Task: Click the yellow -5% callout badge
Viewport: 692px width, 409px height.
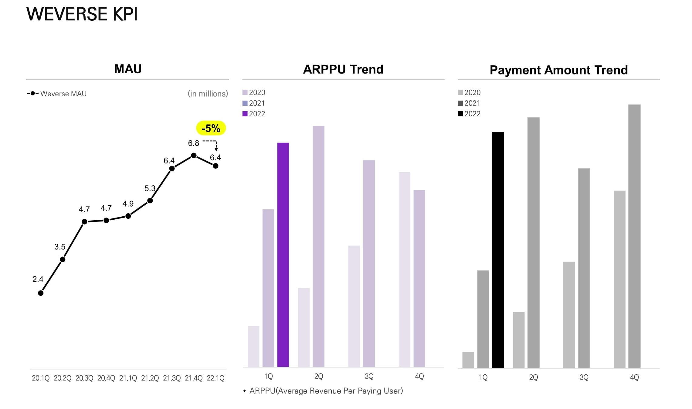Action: [211, 128]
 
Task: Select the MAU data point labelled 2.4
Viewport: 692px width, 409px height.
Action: [41, 293]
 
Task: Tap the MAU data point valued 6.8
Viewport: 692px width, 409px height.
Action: [194, 156]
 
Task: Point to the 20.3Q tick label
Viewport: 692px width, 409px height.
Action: [84, 378]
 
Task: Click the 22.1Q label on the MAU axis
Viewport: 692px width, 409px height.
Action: [215, 378]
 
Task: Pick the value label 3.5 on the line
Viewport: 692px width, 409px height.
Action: [60, 247]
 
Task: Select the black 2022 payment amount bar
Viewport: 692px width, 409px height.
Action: [498, 250]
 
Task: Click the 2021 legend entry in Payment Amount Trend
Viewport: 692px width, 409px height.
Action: [469, 103]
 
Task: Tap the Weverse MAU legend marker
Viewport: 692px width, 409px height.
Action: [33, 93]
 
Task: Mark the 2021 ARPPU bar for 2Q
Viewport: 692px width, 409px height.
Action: [318, 246]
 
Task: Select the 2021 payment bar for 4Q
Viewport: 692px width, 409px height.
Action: [634, 236]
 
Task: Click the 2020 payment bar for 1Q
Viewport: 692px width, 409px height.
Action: [468, 360]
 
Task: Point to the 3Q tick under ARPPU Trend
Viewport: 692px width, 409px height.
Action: [369, 376]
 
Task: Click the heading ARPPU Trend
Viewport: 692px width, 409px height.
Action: [343, 69]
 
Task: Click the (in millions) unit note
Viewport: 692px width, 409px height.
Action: [208, 94]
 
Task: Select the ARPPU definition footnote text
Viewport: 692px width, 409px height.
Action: [326, 391]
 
